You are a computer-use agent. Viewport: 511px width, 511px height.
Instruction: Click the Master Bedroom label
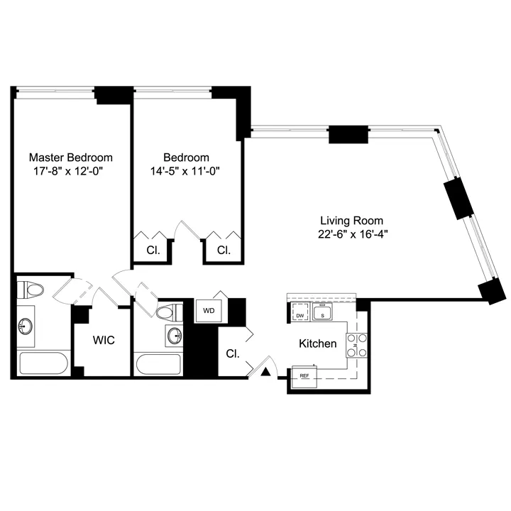pos(70,157)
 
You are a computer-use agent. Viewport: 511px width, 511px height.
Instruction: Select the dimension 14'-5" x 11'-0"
pos(186,171)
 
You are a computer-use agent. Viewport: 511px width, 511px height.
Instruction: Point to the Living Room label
pos(351,221)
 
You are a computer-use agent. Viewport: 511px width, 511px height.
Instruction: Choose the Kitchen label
pos(317,344)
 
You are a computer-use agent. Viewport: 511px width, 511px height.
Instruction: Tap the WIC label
pos(104,340)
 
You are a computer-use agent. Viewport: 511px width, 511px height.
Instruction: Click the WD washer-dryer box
pos(209,311)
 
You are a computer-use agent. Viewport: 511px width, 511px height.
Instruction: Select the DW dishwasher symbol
pos(300,314)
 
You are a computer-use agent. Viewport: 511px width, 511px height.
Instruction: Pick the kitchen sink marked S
pos(323,313)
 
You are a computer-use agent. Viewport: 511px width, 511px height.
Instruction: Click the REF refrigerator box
pos(304,376)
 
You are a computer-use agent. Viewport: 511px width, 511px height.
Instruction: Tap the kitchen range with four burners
pos(356,345)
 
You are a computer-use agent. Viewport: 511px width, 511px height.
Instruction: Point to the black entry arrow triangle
pos(266,370)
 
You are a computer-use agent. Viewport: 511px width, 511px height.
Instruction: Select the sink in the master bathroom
pos(26,326)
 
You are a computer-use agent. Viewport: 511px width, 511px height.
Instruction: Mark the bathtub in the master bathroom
pos(43,363)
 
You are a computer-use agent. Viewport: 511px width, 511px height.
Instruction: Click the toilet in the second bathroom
pos(167,312)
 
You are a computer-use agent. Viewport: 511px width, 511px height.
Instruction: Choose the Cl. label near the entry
pos(232,353)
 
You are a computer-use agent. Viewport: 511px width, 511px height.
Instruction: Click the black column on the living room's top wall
pos(348,134)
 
